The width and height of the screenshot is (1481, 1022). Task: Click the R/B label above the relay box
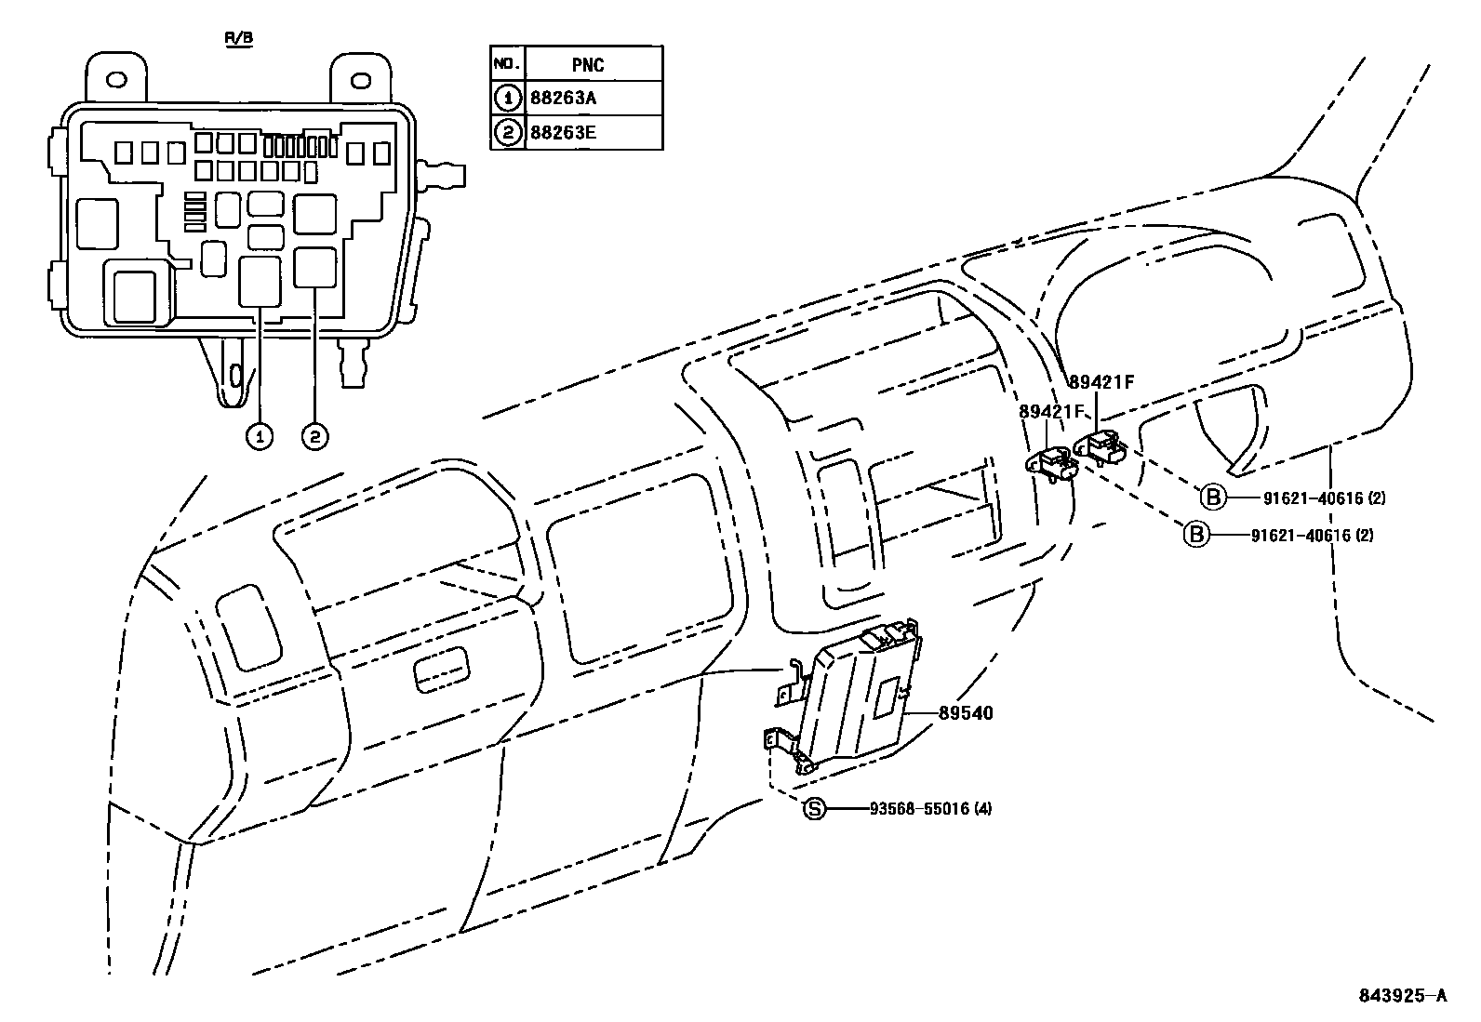click(x=238, y=38)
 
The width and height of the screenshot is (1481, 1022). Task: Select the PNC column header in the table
click(x=588, y=64)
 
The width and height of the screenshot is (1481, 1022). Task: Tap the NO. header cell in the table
click(x=506, y=63)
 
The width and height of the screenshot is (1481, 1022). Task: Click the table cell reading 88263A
click(x=562, y=97)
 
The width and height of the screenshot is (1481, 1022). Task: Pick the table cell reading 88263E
click(x=562, y=132)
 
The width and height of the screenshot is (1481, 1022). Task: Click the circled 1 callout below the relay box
click(x=260, y=434)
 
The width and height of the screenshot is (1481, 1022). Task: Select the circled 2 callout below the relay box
click(x=315, y=434)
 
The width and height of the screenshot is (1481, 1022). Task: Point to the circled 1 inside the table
click(x=507, y=97)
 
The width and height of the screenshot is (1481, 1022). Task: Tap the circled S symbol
click(x=814, y=808)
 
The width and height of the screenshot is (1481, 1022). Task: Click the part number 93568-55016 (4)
click(x=930, y=808)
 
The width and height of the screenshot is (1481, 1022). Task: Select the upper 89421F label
click(x=1102, y=382)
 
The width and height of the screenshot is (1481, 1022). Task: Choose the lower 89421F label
click(x=1052, y=411)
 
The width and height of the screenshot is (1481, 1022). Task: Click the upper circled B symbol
click(x=1213, y=498)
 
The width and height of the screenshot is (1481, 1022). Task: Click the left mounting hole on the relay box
click(x=116, y=80)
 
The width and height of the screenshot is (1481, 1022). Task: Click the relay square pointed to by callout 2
click(x=314, y=267)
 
